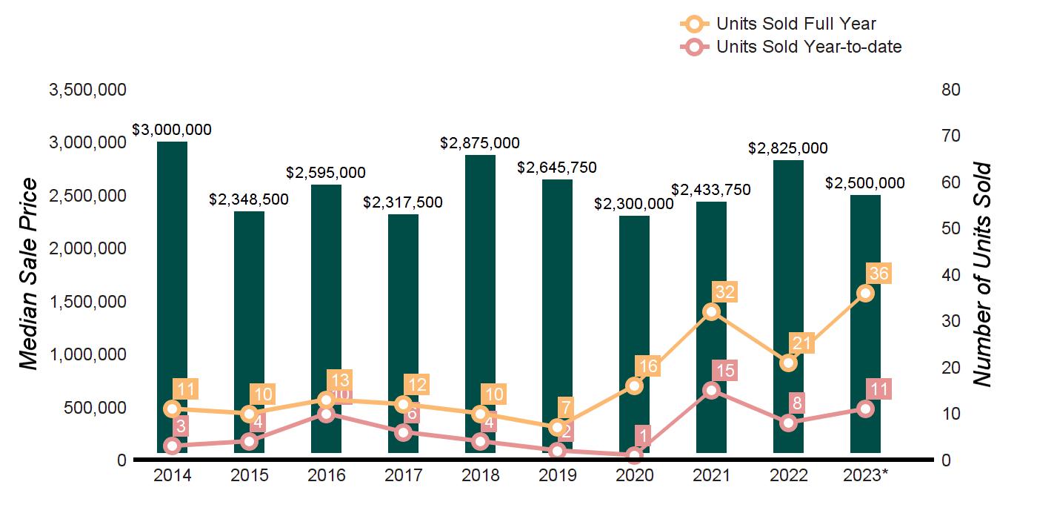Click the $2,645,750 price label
(x=556, y=168)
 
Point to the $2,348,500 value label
(x=249, y=199)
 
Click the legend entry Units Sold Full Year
(x=796, y=24)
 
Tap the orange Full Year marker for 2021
(x=711, y=311)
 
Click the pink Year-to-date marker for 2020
(x=634, y=455)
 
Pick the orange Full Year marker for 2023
(x=865, y=293)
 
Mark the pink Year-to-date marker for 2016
(x=326, y=414)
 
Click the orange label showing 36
(x=878, y=274)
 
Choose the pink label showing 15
(x=725, y=371)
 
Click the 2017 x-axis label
(x=403, y=475)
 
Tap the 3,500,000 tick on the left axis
(x=87, y=90)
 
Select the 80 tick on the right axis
(x=950, y=90)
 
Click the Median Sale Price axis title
(x=28, y=274)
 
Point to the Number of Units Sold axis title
(x=982, y=274)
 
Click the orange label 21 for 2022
(x=802, y=343)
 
